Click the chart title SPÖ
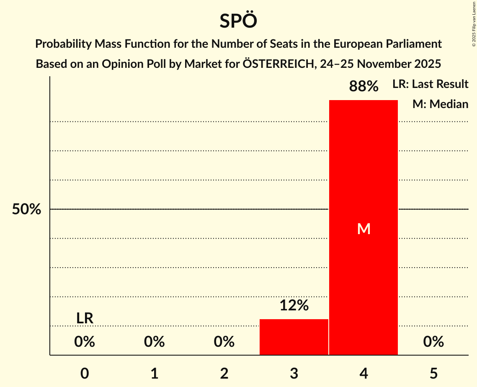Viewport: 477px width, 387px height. [x=238, y=21]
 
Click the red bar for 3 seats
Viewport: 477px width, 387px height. [x=294, y=337]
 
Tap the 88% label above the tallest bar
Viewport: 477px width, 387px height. [x=364, y=87]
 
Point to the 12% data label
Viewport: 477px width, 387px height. [x=294, y=306]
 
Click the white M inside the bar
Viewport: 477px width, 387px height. [x=364, y=229]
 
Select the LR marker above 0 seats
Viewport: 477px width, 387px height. [x=85, y=318]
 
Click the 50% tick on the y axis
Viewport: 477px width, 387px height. [x=26, y=209]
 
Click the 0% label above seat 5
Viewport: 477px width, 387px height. [x=433, y=342]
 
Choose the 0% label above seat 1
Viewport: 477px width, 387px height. [x=154, y=342]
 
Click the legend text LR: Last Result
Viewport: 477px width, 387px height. [x=430, y=84]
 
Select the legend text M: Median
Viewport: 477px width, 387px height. [x=440, y=104]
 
